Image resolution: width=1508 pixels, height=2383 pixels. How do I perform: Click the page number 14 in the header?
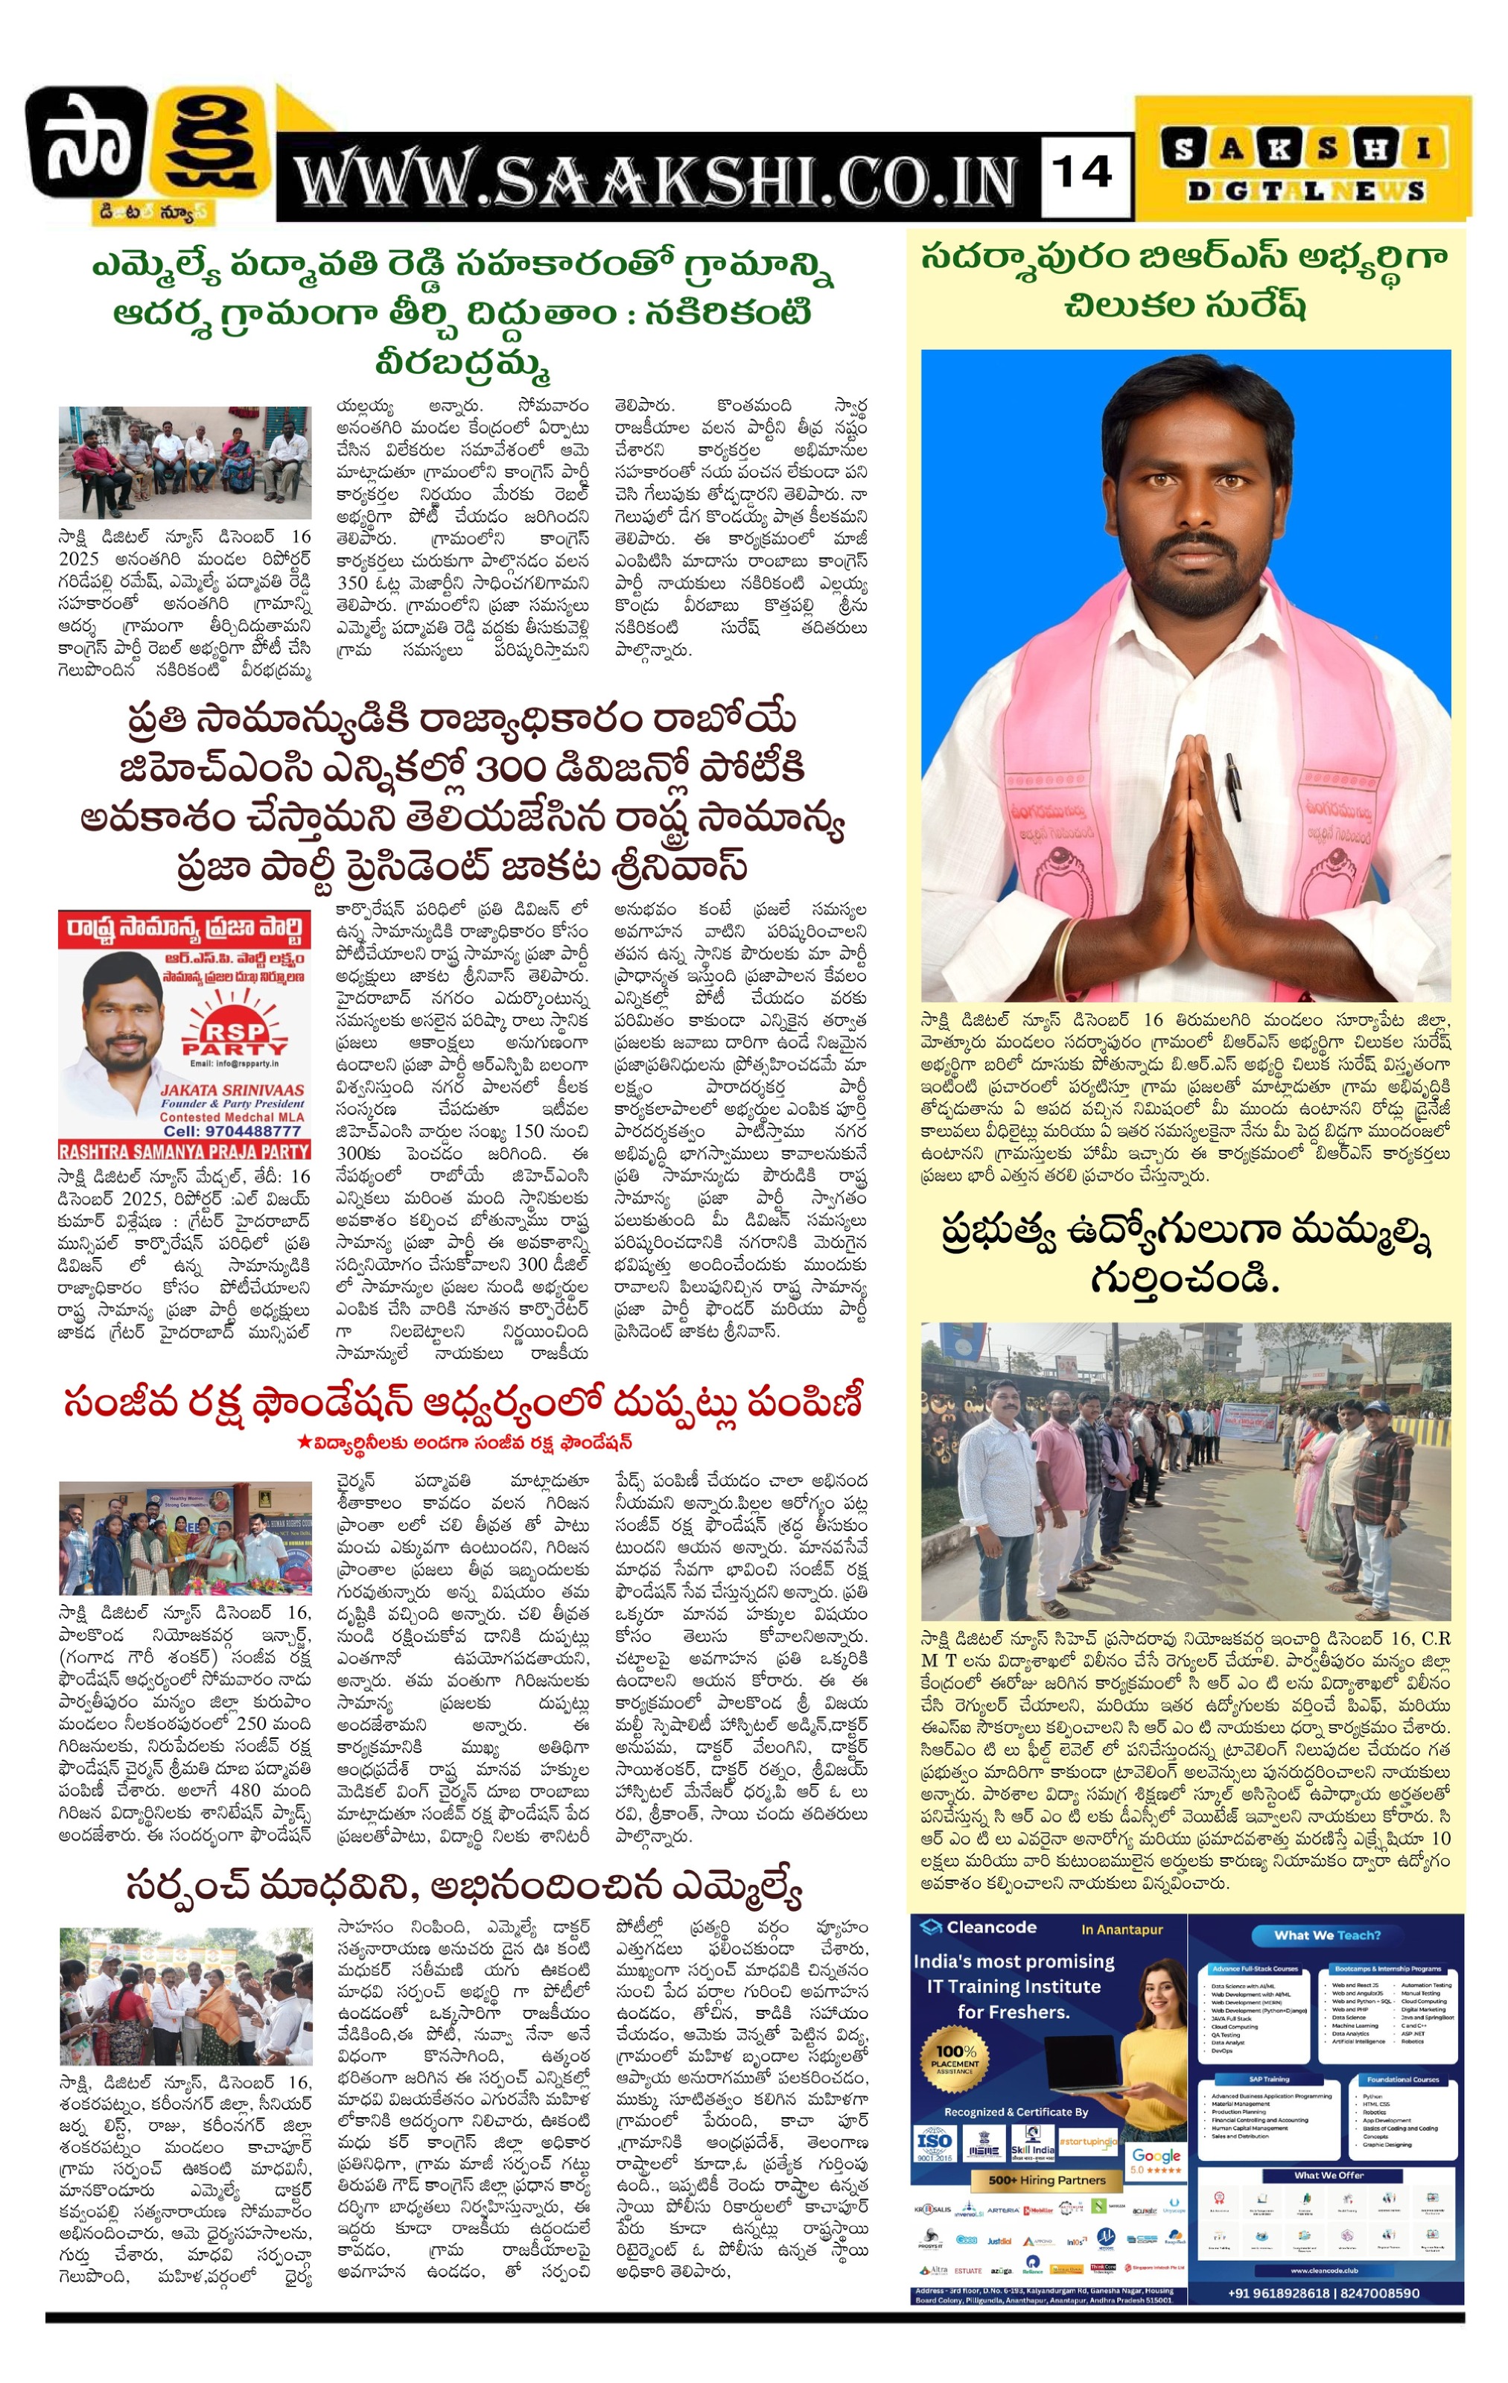click(x=1084, y=174)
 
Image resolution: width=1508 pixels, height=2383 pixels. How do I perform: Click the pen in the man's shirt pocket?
click(x=1233, y=786)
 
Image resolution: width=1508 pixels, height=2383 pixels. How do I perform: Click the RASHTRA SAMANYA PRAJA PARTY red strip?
click(x=184, y=1151)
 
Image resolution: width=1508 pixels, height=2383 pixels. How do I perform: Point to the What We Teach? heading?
click(x=1326, y=1935)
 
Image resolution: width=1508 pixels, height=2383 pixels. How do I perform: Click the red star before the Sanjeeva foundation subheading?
click(x=304, y=1442)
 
